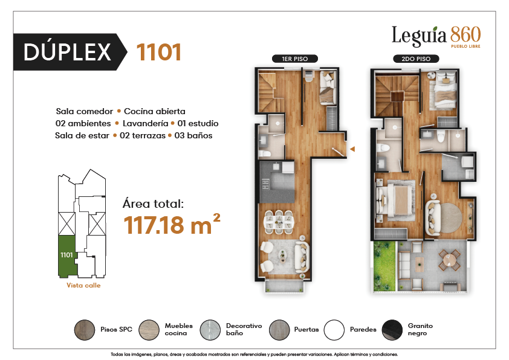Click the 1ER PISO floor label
click(x=295, y=59)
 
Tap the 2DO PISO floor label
click(x=416, y=59)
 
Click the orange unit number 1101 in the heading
click(x=159, y=52)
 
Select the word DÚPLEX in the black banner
click(x=67, y=52)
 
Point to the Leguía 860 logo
click(x=436, y=36)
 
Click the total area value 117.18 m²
click(x=172, y=224)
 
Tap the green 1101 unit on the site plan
click(x=67, y=256)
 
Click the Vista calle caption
click(x=83, y=286)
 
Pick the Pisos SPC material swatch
click(x=85, y=330)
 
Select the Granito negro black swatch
click(x=392, y=330)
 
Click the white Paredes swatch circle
click(x=334, y=330)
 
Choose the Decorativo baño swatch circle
click(x=210, y=330)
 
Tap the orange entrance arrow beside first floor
click(x=352, y=149)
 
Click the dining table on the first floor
click(x=279, y=222)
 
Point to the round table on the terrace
click(x=450, y=260)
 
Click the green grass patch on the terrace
click(x=384, y=266)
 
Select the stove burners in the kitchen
click(x=265, y=184)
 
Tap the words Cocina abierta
click(x=155, y=111)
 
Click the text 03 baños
click(x=193, y=135)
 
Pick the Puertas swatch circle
click(x=279, y=330)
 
